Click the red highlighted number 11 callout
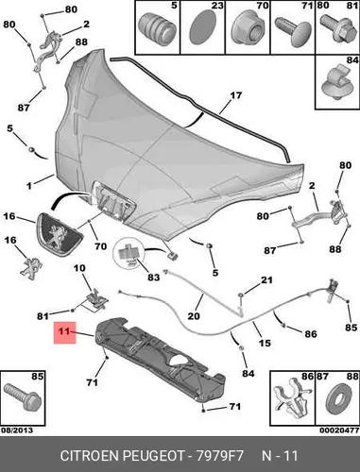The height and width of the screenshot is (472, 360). click(x=64, y=332)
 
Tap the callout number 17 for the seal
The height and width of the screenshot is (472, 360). click(x=235, y=95)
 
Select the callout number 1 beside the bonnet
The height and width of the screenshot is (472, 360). click(x=29, y=186)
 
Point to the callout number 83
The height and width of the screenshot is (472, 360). click(x=154, y=278)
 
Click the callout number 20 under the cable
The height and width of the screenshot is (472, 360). click(x=194, y=315)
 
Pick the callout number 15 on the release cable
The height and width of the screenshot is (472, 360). click(x=265, y=343)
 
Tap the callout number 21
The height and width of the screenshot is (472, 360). click(x=266, y=279)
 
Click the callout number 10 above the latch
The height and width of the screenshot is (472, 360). click(x=79, y=268)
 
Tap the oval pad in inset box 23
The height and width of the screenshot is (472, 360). click(x=201, y=26)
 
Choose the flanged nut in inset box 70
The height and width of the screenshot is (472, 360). click(x=247, y=31)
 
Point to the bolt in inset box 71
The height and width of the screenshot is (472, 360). click(x=293, y=31)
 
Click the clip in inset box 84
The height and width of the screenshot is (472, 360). click(x=336, y=82)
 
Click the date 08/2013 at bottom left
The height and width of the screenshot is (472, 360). click(x=17, y=430)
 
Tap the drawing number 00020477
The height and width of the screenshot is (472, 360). click(x=339, y=430)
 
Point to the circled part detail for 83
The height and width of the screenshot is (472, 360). click(x=129, y=254)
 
